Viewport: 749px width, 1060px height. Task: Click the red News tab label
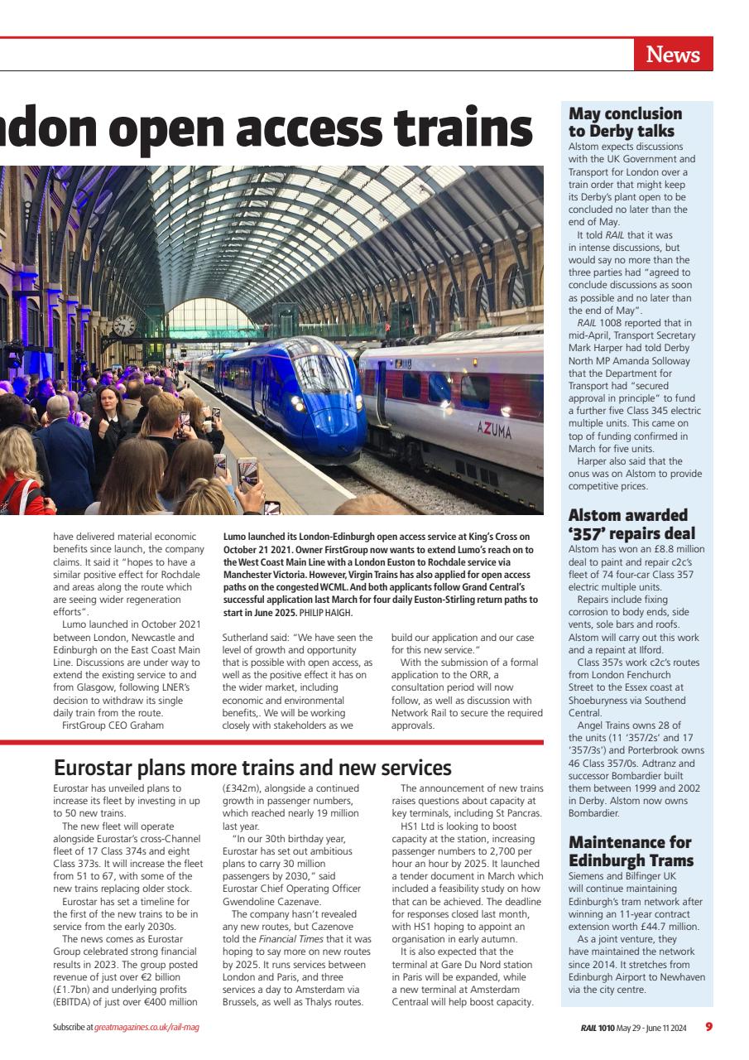673,55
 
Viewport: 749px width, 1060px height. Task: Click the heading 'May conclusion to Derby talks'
625,123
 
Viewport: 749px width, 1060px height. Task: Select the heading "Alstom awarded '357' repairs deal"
631,524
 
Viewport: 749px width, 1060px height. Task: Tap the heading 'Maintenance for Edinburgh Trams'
630,851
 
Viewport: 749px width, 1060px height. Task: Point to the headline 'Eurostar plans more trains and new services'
252,767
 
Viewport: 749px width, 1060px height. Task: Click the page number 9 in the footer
708,1027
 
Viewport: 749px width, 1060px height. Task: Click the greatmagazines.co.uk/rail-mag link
146,1028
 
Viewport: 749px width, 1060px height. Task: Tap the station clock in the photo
124,325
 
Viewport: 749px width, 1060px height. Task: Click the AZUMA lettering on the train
494,430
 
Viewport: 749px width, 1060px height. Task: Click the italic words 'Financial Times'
289,939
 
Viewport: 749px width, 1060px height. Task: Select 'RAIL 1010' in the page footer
598,1028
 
